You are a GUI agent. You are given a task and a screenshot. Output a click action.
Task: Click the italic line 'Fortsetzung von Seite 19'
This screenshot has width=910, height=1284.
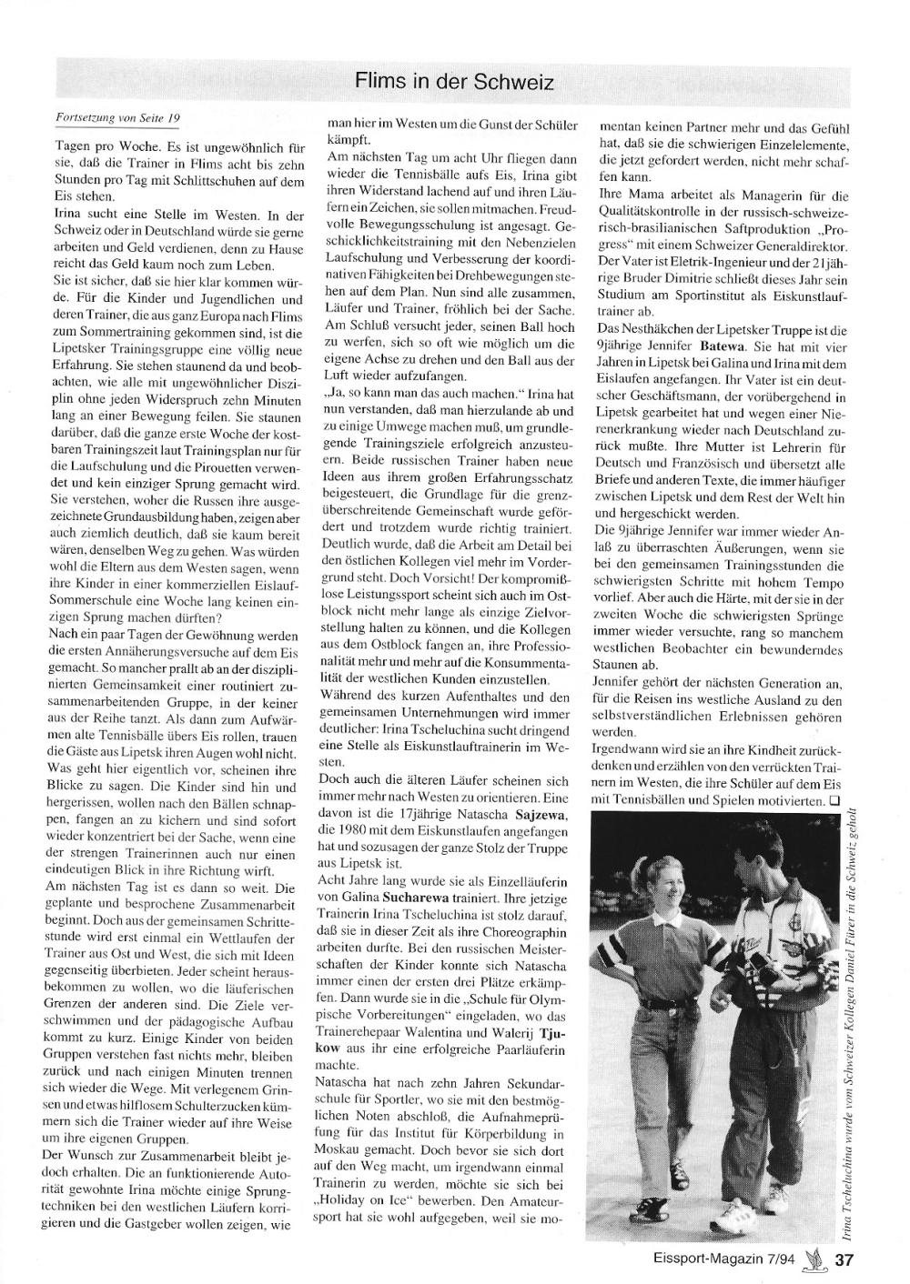pyautogui.click(x=118, y=117)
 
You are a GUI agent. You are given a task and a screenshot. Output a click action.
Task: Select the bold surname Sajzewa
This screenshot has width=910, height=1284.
pyautogui.click(x=543, y=815)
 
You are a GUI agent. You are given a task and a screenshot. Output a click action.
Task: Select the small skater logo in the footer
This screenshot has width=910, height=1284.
pyautogui.click(x=815, y=1259)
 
